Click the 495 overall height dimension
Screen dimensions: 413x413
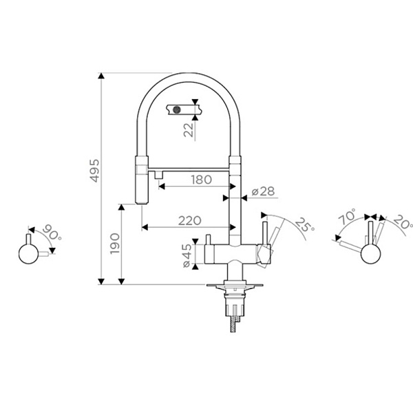point(94,171)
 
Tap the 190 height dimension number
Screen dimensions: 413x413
point(115,244)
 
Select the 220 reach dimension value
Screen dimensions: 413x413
point(190,221)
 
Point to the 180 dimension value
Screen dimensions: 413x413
point(202,180)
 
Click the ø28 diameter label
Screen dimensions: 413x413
point(263,191)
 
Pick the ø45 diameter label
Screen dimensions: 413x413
point(187,256)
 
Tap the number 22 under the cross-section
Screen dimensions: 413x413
point(189,130)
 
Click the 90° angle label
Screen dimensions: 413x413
point(52,232)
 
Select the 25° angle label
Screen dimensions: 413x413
point(305,225)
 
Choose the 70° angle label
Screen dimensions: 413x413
point(347,217)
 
